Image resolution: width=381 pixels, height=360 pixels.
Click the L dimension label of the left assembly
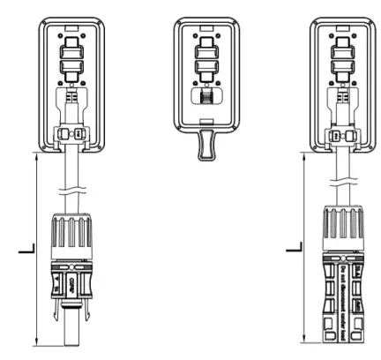point(25,253)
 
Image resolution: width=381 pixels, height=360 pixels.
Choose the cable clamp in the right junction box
point(340,135)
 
